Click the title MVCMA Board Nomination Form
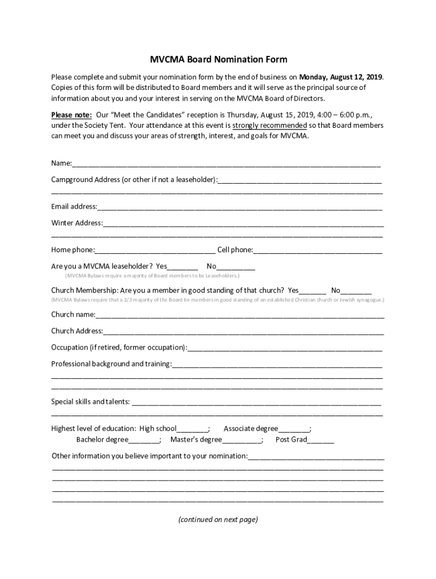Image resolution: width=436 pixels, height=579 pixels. (x=218, y=59)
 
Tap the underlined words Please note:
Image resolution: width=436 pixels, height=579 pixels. (x=71, y=115)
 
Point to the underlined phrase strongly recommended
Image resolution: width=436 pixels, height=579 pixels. (x=270, y=126)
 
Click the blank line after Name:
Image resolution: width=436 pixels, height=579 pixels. (x=226, y=165)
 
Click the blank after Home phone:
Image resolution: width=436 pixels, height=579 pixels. (x=155, y=251)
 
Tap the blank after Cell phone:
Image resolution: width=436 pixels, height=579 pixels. (x=317, y=251)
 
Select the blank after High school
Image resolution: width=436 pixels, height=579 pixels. (x=193, y=430)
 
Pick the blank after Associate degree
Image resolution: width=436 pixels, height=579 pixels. (x=294, y=430)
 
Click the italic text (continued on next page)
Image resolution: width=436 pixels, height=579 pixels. (x=218, y=520)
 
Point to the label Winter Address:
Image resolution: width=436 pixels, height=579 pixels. (x=77, y=223)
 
